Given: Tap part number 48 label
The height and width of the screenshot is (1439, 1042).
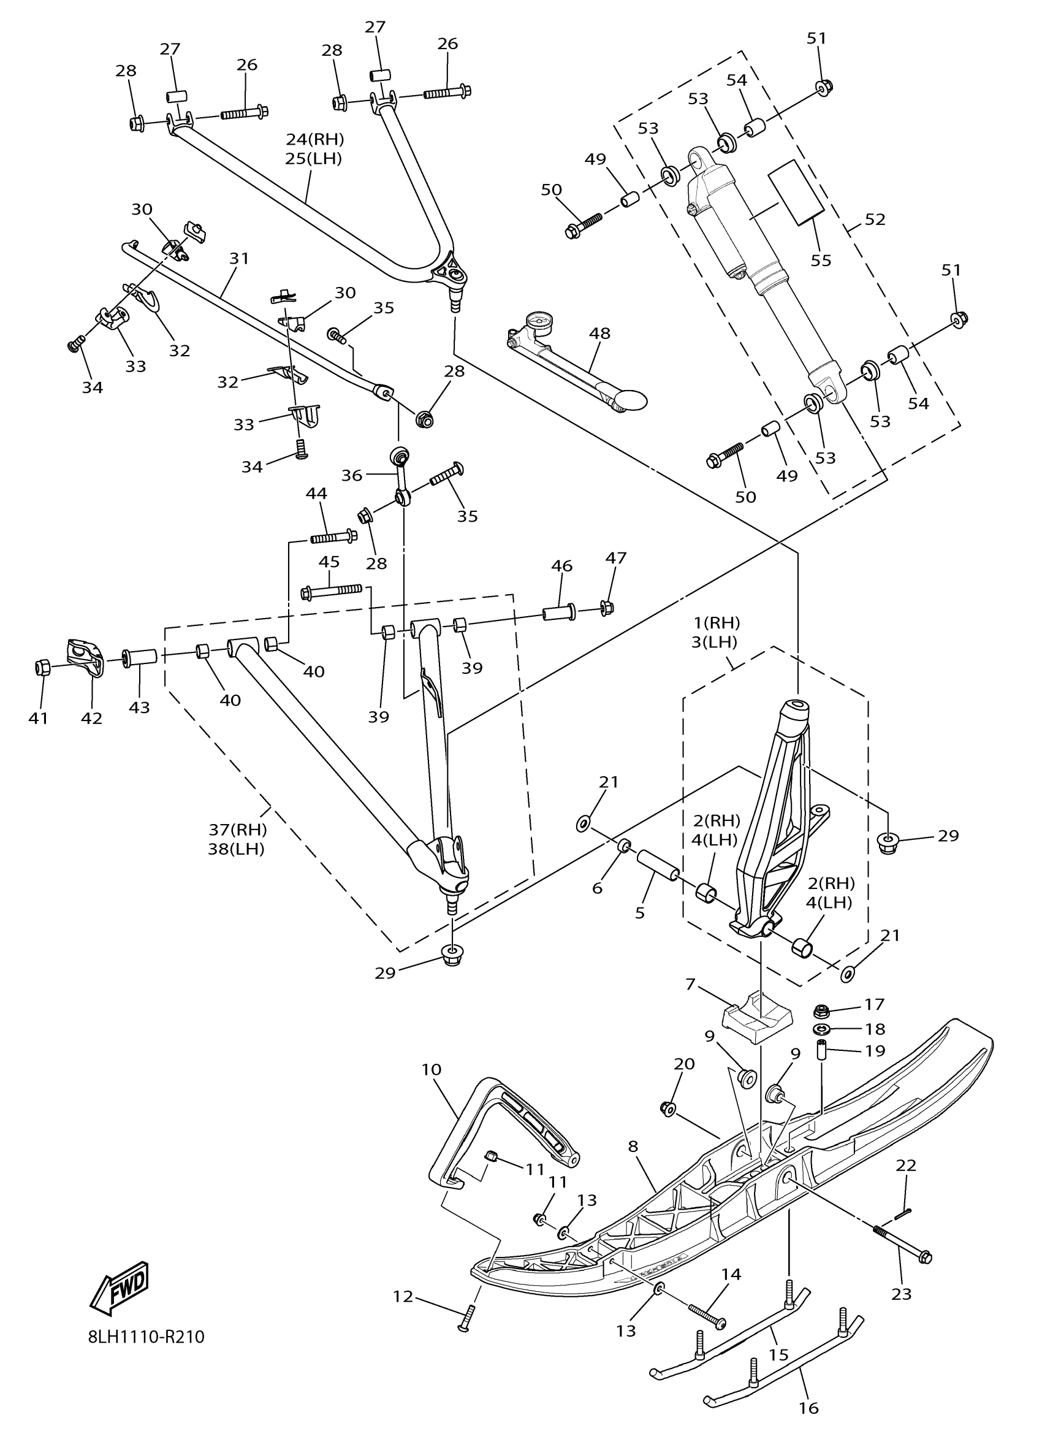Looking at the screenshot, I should tap(599, 333).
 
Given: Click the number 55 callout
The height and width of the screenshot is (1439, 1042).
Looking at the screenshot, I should tap(821, 260).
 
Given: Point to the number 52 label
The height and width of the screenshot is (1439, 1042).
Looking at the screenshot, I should tap(875, 219).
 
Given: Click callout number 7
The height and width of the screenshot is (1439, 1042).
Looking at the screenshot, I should tap(690, 985).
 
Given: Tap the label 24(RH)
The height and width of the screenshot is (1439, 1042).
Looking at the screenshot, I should tap(314, 139).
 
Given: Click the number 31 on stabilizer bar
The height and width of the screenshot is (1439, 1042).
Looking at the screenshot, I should tap(239, 259).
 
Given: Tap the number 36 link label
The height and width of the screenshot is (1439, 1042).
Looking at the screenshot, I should tap(352, 475).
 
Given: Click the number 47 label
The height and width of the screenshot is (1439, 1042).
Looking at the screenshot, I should tap(616, 558).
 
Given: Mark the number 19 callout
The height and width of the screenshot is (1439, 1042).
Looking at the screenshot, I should tap(875, 1052).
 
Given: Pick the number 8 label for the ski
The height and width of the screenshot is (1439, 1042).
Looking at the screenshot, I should tap(634, 1147).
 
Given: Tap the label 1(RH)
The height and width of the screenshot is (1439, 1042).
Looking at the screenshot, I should tap(716, 622).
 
